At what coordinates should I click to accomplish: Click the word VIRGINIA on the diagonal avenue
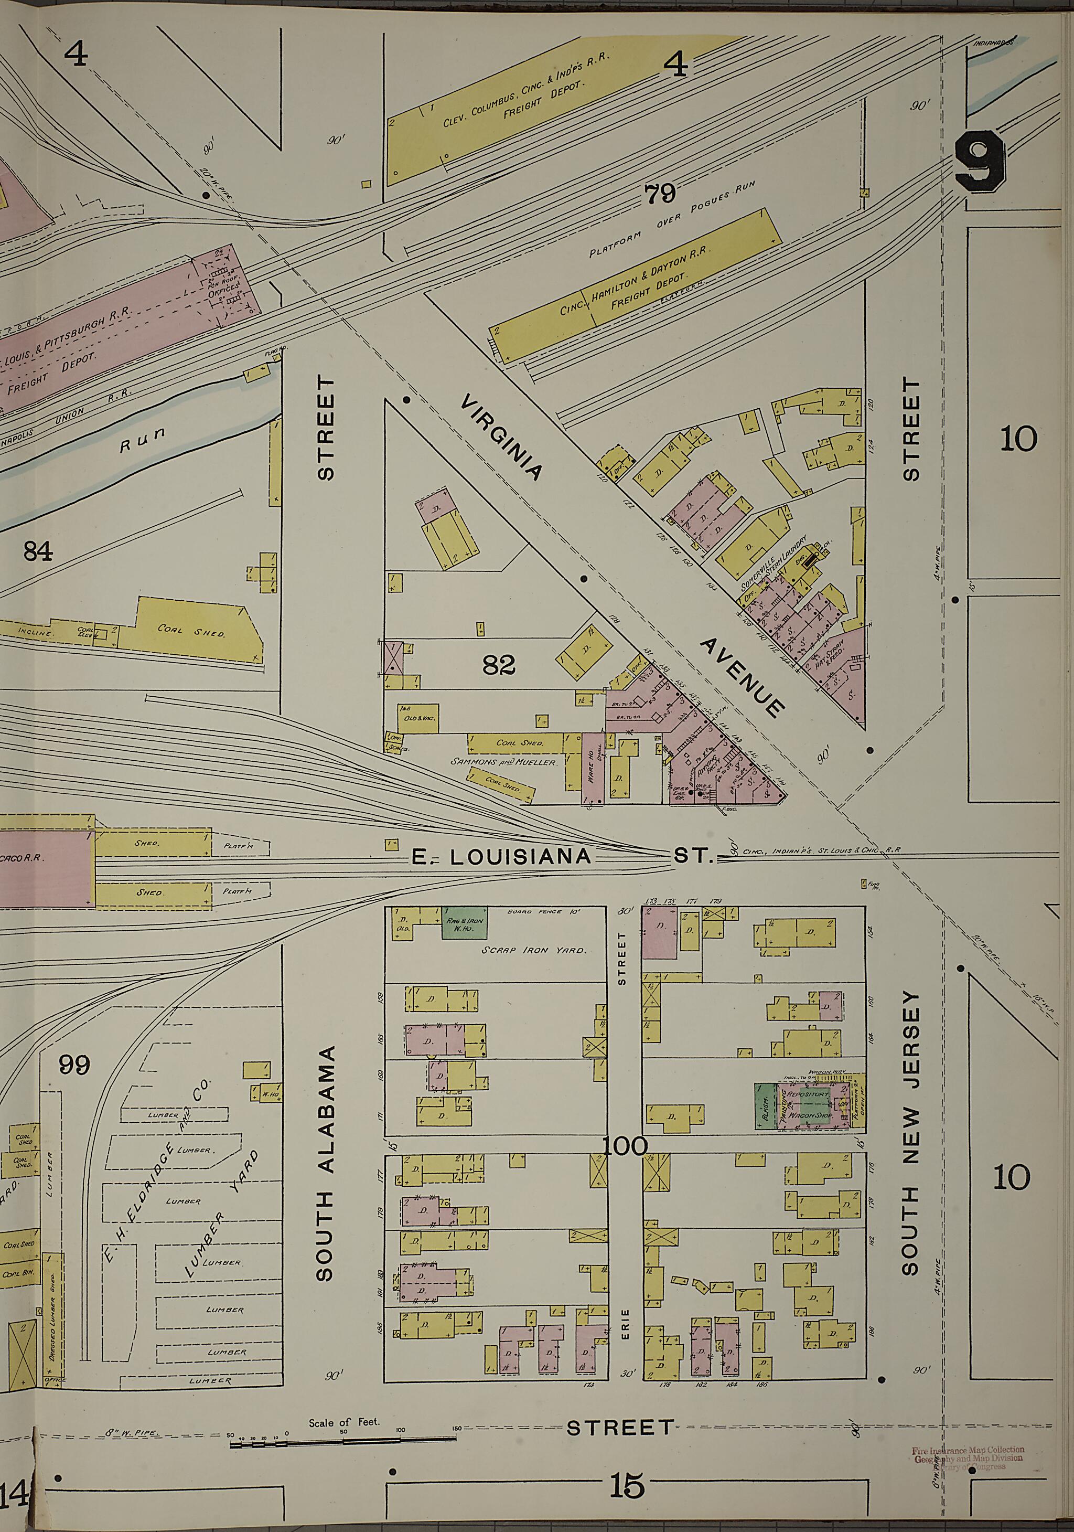500,437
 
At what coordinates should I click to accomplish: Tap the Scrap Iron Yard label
534,950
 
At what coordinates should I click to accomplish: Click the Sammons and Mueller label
503,761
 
